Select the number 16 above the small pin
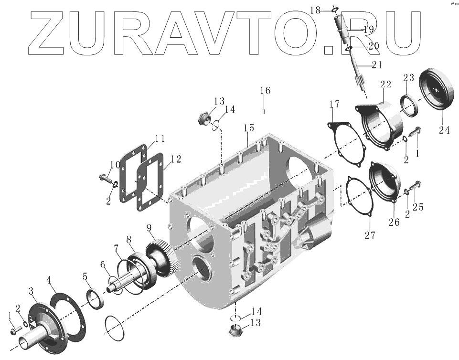click(265, 91)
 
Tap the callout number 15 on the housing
click(248, 128)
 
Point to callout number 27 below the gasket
click(370, 235)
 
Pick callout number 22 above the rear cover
click(385, 84)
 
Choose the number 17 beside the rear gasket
click(334, 104)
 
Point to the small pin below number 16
click(264, 112)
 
